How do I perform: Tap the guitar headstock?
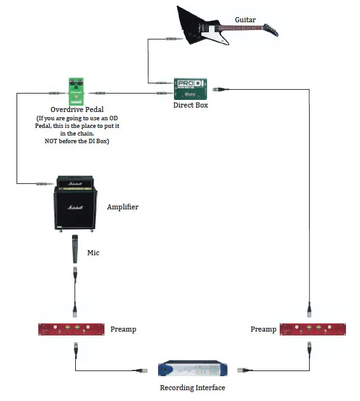[271, 30]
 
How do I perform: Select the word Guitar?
[245, 20]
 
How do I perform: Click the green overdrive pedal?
[76, 91]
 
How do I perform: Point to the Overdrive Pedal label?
[77, 109]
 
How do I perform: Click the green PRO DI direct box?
[191, 89]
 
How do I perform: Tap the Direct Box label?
[191, 105]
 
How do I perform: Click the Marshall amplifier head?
[75, 182]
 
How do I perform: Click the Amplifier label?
[122, 207]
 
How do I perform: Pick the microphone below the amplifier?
[75, 249]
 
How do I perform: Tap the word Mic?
[93, 253]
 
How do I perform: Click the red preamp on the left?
[71, 329]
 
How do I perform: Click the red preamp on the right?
[313, 329]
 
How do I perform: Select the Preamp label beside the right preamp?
[264, 329]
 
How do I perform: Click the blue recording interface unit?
[192, 369]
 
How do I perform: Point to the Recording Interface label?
[192, 388]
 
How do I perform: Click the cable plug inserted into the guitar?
[174, 39]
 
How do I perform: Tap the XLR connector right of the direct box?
[220, 90]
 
